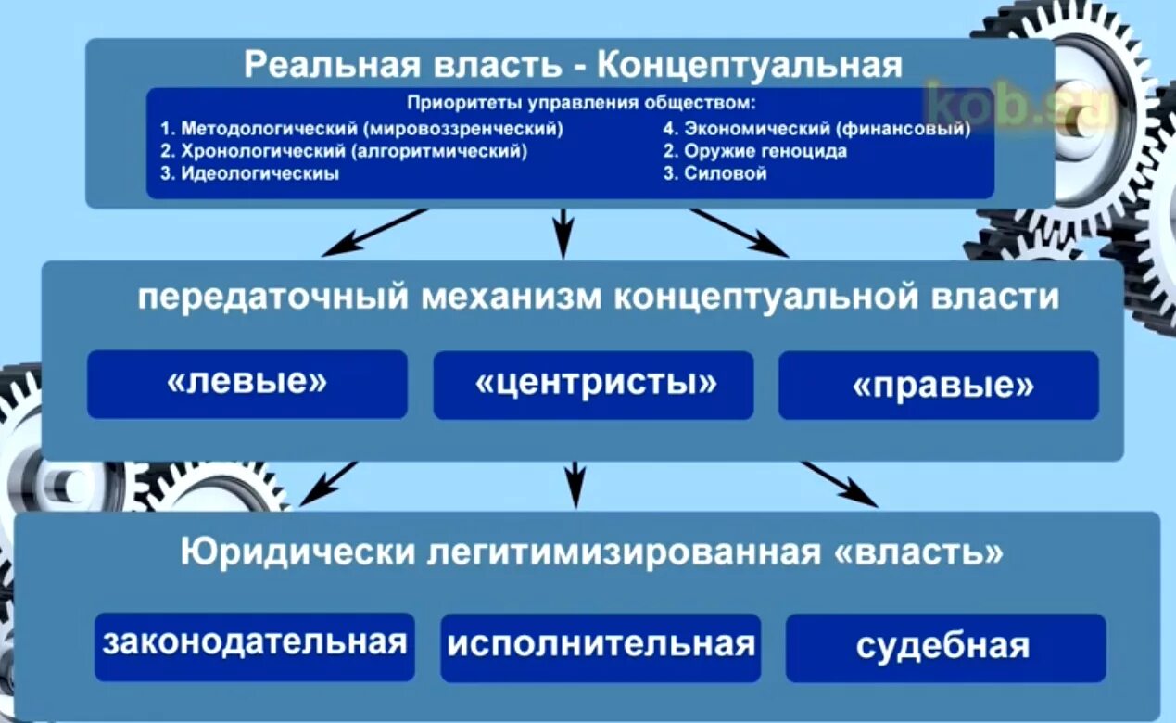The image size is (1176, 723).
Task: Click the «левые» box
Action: (x=247, y=384)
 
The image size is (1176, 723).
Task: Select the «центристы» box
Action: (x=593, y=385)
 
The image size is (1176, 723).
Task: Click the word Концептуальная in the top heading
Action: (x=749, y=65)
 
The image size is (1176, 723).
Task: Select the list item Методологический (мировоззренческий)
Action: (x=361, y=129)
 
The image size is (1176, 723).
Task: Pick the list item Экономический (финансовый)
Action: (x=816, y=129)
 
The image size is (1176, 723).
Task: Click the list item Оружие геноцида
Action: (x=754, y=151)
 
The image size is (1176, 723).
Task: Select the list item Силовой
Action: (x=715, y=173)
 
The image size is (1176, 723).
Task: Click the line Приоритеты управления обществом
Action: (x=582, y=103)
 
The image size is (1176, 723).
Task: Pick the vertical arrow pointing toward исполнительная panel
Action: (x=575, y=484)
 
